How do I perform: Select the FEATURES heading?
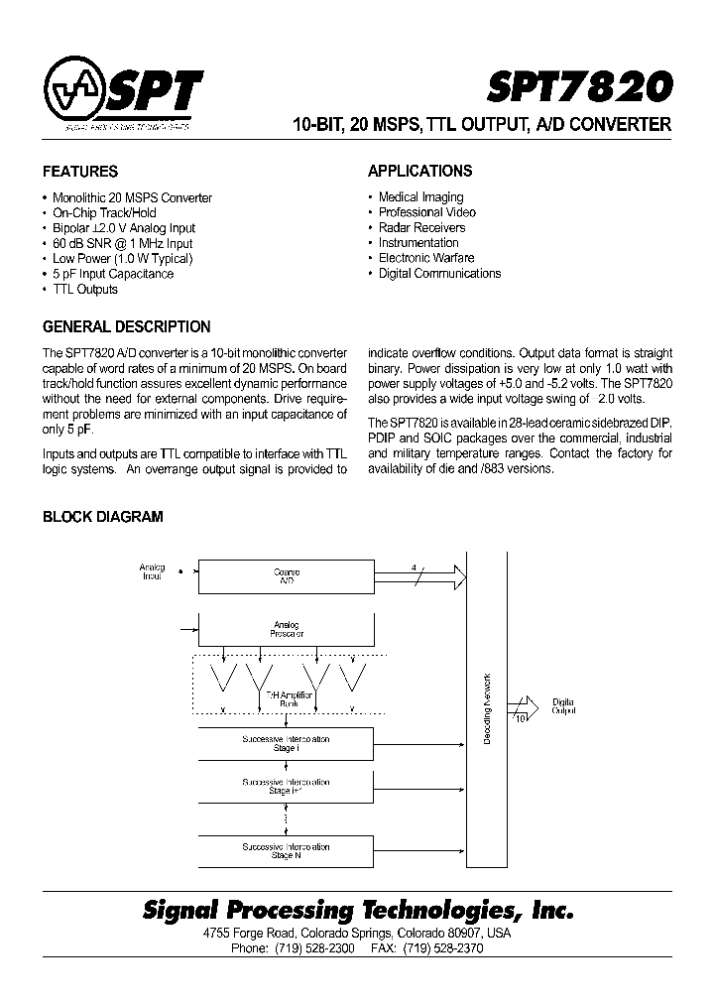pos(80,171)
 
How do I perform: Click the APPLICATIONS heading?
pos(419,171)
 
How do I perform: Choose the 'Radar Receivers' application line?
pos(421,227)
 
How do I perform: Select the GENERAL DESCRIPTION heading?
pos(127,326)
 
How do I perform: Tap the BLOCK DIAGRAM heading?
pos(102,517)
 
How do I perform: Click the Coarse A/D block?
pos(287,575)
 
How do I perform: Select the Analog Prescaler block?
pos(287,629)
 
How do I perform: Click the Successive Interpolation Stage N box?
pos(287,850)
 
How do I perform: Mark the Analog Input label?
pos(152,571)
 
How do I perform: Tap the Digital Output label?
pos(563,705)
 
